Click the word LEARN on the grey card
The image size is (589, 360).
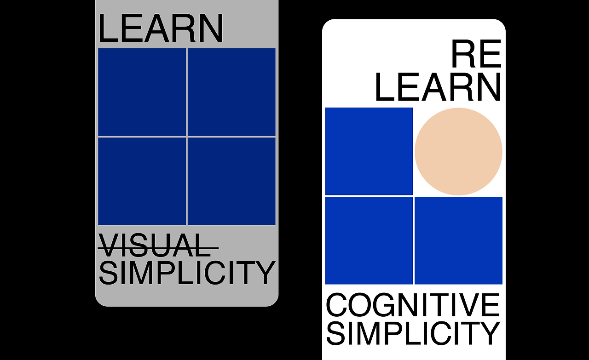coord(161,28)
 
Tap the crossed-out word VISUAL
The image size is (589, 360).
coord(158,246)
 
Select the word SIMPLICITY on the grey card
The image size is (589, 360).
coord(187,273)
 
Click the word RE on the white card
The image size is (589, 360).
coord(476,54)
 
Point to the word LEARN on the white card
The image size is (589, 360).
coord(438,87)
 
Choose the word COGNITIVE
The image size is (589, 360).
coord(413,305)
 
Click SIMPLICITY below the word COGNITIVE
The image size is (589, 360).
coord(413,333)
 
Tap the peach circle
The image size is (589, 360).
coord(458,152)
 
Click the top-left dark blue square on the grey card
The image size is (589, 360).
coord(142,92)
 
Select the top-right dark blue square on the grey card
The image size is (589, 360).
coord(231,92)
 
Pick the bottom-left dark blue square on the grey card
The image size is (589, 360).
coord(142,181)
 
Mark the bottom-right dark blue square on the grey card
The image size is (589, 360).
coord(231,181)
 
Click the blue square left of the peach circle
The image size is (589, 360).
coord(369,151)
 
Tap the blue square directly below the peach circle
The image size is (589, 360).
coord(459,240)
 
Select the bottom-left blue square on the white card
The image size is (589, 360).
coord(369,240)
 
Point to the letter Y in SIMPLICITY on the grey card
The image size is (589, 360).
coord(264,273)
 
